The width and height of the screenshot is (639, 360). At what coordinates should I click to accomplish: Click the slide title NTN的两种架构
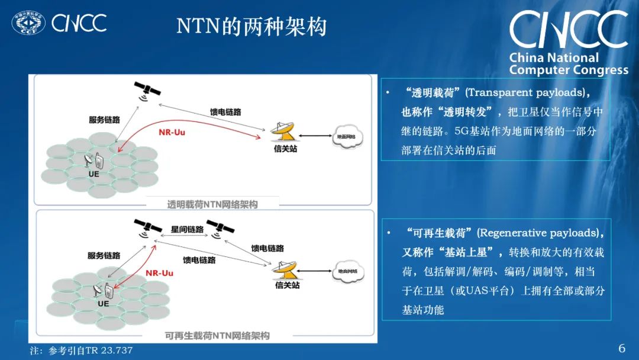(x=251, y=27)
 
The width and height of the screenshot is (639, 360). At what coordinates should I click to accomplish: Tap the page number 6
(x=622, y=348)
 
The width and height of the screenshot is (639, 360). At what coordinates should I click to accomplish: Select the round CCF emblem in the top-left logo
(x=28, y=23)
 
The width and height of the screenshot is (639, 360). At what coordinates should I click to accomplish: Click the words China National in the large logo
(x=554, y=58)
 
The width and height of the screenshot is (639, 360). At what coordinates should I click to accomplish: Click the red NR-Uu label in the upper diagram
(x=172, y=132)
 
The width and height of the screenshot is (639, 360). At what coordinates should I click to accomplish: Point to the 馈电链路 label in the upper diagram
(x=225, y=112)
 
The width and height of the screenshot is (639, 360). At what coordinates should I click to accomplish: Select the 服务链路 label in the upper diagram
(x=104, y=120)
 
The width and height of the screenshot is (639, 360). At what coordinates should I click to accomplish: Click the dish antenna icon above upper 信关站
(x=283, y=131)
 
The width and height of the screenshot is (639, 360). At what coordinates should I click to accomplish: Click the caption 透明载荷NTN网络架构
(x=212, y=204)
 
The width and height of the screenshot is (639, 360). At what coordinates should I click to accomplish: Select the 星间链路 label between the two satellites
(x=187, y=229)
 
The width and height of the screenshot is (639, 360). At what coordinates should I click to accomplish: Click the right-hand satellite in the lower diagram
(x=220, y=228)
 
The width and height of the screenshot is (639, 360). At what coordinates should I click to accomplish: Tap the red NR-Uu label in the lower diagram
(x=160, y=273)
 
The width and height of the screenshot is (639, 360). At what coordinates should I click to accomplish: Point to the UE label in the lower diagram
(x=104, y=304)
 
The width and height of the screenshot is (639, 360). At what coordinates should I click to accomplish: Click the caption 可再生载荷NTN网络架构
(x=217, y=336)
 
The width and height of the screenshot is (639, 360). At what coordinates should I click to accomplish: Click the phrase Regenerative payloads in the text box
(x=538, y=233)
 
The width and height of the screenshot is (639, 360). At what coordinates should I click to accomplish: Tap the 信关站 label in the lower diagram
(x=288, y=285)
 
